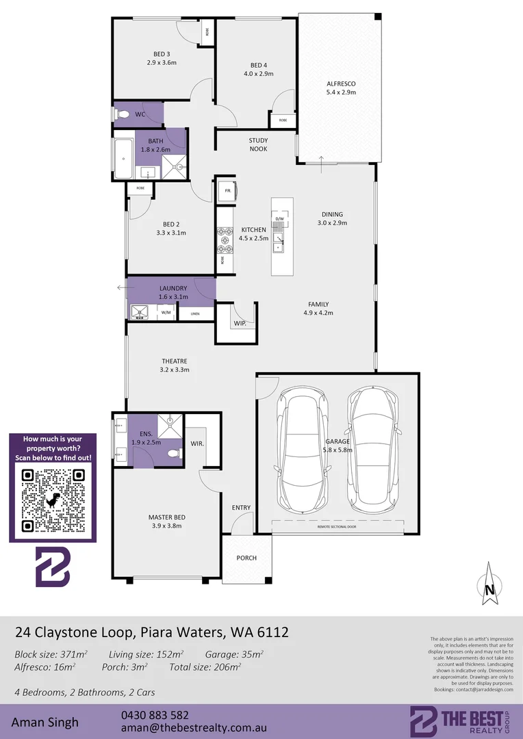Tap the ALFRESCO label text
coord(341,83)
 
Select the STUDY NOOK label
coord(258,144)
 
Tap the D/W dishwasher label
coord(279,218)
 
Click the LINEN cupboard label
coord(195,313)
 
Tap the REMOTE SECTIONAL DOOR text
coord(336,527)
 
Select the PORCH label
coord(246,558)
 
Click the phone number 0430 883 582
coord(155,714)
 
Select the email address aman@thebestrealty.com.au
coord(193,728)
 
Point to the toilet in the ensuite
coord(176,452)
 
